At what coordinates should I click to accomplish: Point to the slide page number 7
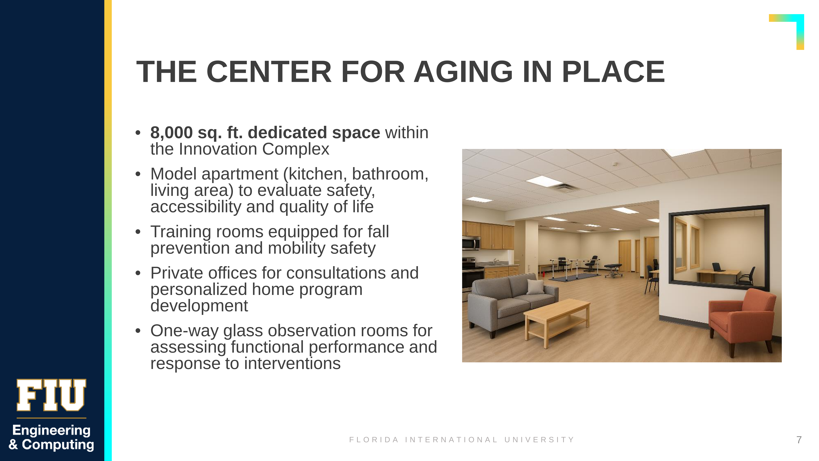tap(799, 440)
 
